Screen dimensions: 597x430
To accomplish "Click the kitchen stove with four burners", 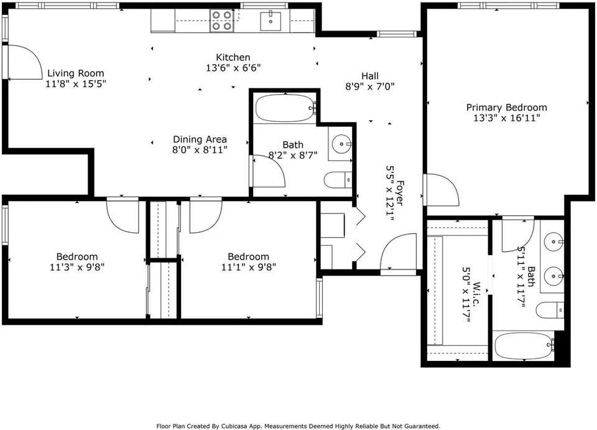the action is (x=223, y=20).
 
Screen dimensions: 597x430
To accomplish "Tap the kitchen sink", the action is (x=271, y=21).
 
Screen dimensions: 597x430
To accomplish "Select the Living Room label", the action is (x=75, y=73).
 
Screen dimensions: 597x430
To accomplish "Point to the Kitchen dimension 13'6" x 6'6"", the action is (x=233, y=68).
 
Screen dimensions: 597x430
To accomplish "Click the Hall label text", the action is (x=370, y=76).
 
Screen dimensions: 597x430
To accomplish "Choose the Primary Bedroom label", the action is (x=506, y=108).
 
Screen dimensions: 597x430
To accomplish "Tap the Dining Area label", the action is (x=200, y=139).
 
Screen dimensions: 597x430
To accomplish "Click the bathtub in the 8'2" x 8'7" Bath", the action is (x=285, y=108).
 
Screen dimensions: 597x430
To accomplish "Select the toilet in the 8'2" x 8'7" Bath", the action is (x=338, y=180).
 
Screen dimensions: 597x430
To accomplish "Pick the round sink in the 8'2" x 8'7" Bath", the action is (x=341, y=144).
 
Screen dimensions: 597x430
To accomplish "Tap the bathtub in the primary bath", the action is (x=524, y=346).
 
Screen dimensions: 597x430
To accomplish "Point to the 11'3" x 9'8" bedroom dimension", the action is (x=77, y=267).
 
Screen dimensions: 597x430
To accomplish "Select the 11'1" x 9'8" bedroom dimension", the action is (x=249, y=267).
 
